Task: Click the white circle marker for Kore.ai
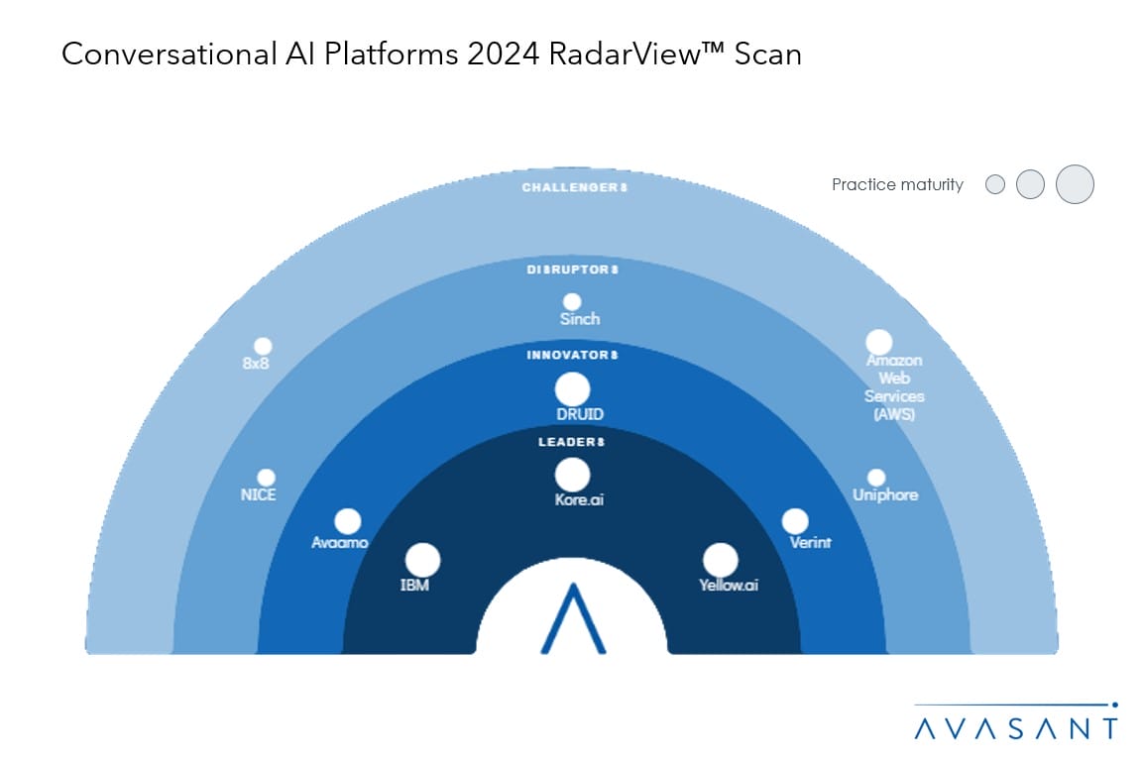572,475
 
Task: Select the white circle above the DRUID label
572,389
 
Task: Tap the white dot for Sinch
572,302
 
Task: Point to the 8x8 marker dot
263,346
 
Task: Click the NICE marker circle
266,478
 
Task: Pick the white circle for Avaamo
347,521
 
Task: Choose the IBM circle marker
422,560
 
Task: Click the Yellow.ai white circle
721,560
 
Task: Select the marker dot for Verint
795,521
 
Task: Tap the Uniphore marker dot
876,478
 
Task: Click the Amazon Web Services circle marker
878,343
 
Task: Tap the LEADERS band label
572,441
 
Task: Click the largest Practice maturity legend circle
1075,184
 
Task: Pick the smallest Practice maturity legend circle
995,184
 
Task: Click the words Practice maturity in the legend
897,184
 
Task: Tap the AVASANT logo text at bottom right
1015,728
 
